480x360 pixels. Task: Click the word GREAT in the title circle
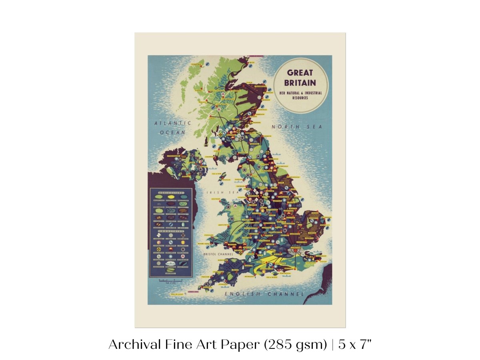tap(300, 74)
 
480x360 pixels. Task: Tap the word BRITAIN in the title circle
tap(300, 83)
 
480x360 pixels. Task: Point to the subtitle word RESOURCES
tap(300, 97)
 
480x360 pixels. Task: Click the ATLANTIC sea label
tap(172, 123)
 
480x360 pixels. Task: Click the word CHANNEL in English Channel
tap(286, 294)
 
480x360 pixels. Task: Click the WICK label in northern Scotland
tap(252, 63)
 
